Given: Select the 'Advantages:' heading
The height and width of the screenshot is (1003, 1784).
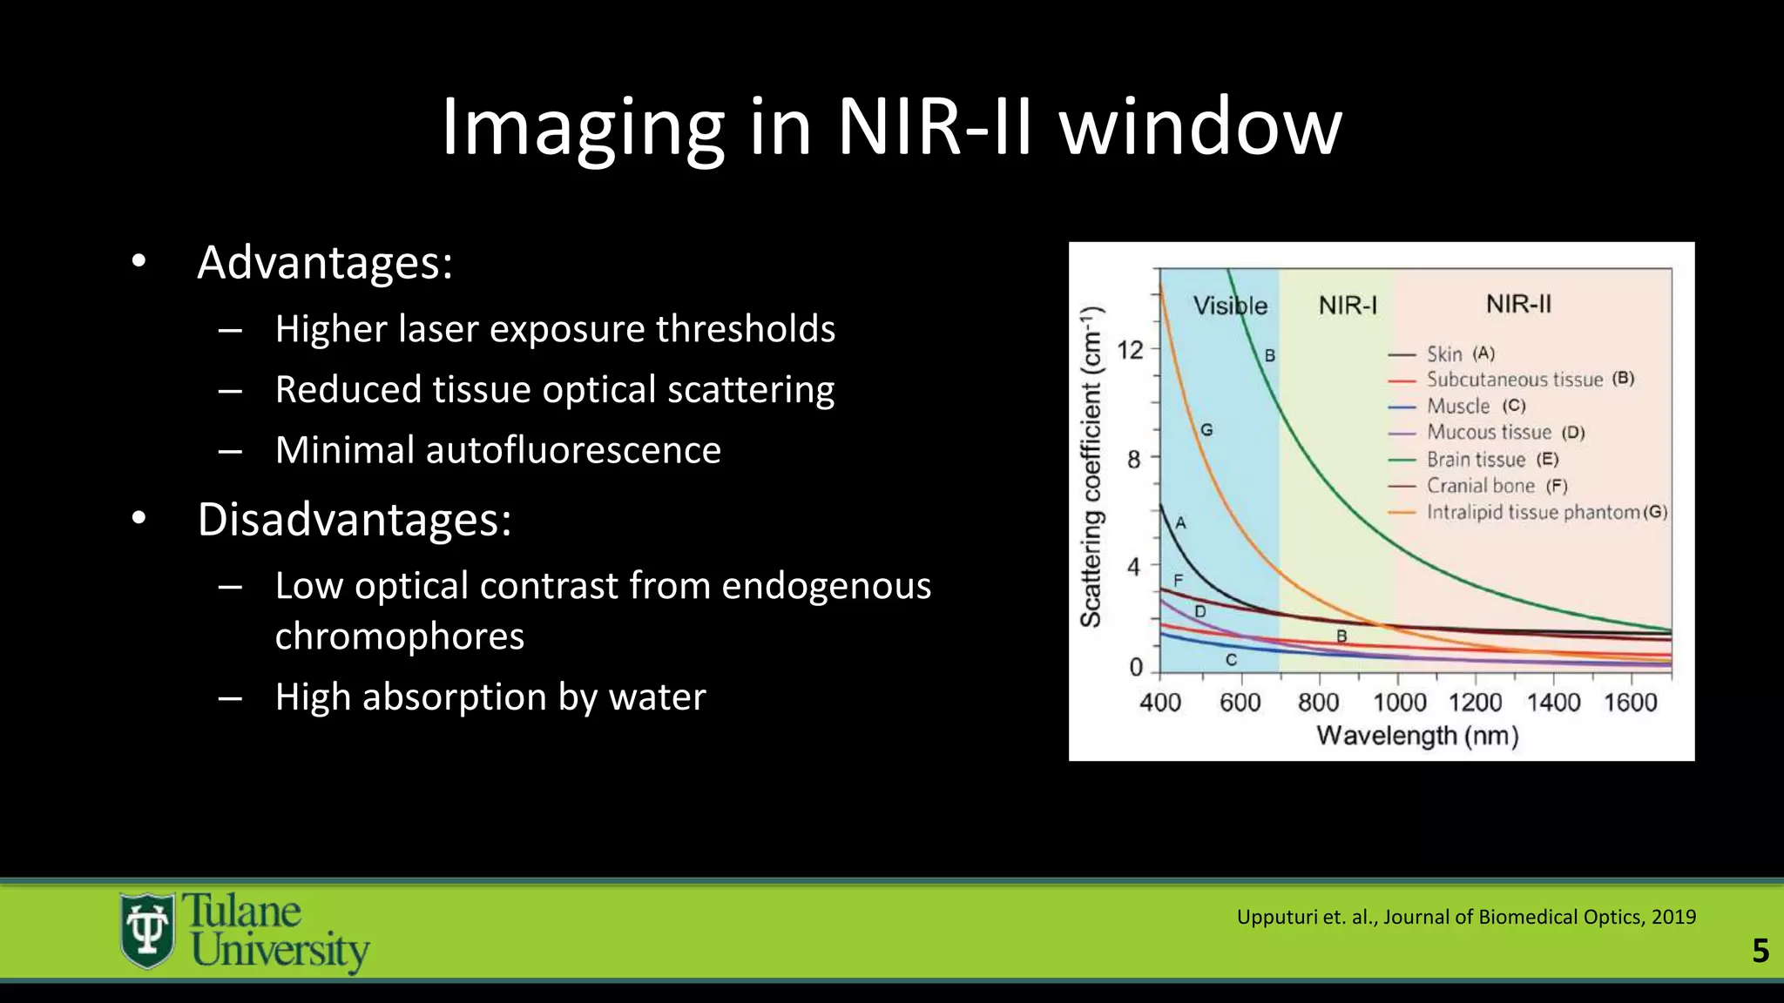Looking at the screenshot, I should [x=325, y=262].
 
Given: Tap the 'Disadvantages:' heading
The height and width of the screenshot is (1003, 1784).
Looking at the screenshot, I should [x=354, y=519].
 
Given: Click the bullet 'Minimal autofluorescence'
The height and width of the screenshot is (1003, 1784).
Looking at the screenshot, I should [x=497, y=450].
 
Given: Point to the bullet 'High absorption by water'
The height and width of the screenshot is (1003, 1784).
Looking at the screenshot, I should [x=490, y=697].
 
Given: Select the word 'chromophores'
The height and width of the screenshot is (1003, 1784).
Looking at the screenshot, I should [x=399, y=636].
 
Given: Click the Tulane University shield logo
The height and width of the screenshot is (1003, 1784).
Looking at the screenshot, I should [x=147, y=930].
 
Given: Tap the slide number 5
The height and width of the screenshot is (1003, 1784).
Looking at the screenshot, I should [x=1760, y=951].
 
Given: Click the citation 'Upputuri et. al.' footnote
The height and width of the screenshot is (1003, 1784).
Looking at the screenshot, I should [x=1465, y=917].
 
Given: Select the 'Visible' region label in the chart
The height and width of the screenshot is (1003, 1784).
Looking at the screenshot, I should [x=1229, y=306].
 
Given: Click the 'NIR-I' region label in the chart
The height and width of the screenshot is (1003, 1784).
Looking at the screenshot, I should [x=1347, y=306].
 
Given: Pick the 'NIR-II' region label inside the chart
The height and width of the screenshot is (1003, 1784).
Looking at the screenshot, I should [x=1517, y=304].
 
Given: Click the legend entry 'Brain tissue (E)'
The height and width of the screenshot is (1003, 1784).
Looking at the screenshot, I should [x=1490, y=460].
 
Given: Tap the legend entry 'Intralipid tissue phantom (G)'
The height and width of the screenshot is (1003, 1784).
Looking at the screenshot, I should [x=1544, y=512].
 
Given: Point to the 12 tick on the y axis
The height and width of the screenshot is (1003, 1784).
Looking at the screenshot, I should [x=1130, y=350].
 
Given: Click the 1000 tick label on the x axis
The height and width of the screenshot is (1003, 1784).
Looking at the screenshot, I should [x=1399, y=702].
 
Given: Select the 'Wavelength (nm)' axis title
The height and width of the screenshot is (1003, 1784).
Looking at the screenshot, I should [x=1416, y=736].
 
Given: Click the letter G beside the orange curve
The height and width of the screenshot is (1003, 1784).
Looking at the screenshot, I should [x=1206, y=429].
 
